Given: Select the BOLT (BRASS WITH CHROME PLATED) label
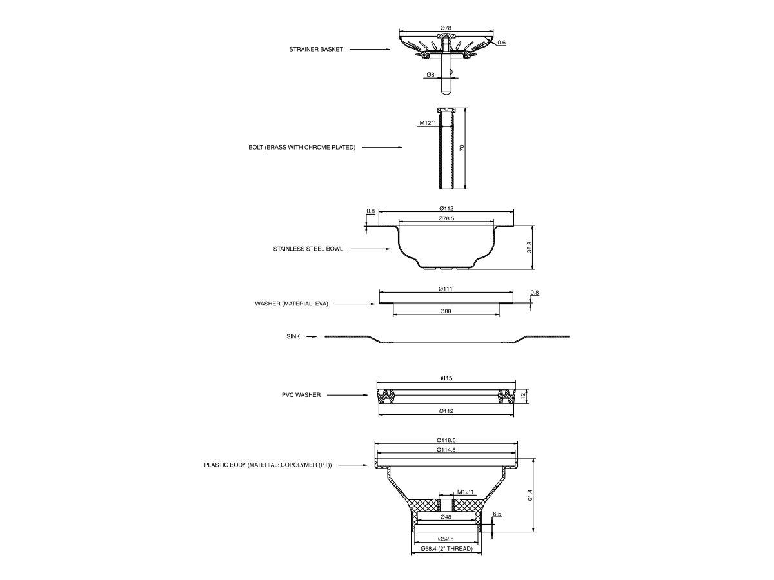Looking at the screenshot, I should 302,148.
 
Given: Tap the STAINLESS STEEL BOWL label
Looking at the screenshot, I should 308,249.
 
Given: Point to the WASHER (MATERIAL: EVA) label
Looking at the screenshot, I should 292,303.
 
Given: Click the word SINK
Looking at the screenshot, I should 293,336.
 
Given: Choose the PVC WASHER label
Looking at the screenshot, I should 301,395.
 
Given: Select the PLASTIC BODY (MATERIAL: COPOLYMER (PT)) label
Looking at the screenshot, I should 268,465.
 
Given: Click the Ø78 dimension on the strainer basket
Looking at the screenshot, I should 446,28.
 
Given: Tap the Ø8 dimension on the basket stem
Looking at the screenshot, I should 430,75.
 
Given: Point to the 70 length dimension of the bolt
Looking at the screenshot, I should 462,148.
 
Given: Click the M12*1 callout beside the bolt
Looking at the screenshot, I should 428,122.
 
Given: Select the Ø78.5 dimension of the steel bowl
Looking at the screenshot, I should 446,218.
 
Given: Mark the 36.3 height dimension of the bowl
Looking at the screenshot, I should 529,247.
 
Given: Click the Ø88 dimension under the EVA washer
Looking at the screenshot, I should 446,311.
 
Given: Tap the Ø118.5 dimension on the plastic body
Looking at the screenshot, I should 446,440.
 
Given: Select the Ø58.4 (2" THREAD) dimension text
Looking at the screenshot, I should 446,549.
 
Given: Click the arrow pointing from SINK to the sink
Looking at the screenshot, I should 312,336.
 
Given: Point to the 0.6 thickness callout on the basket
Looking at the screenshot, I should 501,43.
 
